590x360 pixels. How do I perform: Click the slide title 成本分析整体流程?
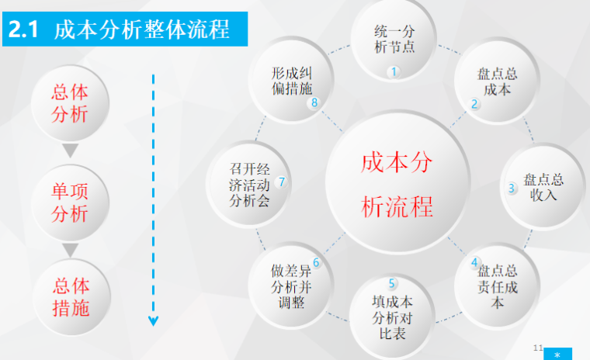[x=142, y=29]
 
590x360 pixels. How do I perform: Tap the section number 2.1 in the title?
[x=25, y=29]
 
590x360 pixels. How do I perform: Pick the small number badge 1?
[x=394, y=72]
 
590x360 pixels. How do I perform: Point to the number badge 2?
[x=474, y=104]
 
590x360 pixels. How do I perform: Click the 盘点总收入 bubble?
[x=543, y=186]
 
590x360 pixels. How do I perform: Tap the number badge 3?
[x=512, y=188]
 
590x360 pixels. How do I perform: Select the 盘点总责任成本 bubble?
[x=497, y=285]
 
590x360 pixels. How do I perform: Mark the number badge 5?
[x=393, y=283]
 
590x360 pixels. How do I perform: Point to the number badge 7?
[x=281, y=182]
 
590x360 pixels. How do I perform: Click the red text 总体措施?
[x=70, y=297]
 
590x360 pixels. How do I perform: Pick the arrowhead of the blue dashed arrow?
[x=153, y=319]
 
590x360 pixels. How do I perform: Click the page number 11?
[x=538, y=346]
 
